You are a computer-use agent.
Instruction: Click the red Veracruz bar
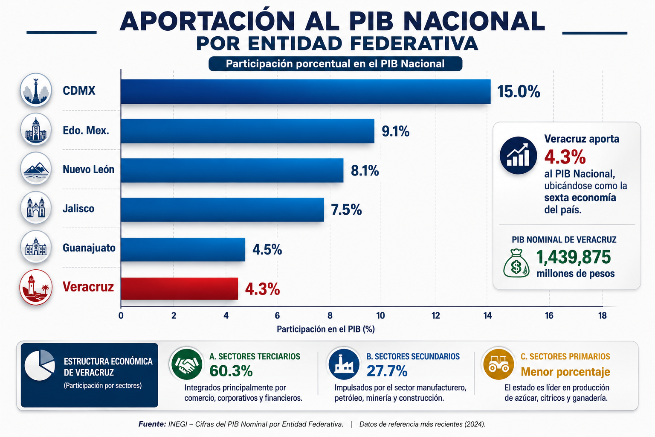pos(179,288)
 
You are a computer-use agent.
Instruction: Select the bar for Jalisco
pos(222,210)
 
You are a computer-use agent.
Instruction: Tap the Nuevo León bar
pos(232,170)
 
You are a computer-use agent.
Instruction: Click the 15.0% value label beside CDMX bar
pos(519,92)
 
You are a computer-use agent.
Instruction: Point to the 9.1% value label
pos(395,131)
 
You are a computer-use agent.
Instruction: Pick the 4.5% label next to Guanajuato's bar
pos(267,249)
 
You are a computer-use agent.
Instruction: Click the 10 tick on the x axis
pos(380,315)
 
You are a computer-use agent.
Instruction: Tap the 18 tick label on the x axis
pos(603,315)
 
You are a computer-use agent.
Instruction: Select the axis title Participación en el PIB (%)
pos(326,329)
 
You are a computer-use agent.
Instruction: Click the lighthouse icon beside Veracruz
pos(36,287)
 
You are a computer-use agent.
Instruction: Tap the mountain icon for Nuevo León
pos(36,169)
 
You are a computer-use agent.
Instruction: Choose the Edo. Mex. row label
pos(86,130)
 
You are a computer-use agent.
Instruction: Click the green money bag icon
pos(516,263)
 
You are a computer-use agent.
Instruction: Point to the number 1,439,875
pos(574,257)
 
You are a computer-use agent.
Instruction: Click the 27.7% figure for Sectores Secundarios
pos(387,371)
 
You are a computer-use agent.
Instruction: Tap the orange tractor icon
pos(498,364)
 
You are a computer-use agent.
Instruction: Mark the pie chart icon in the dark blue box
pos(40,365)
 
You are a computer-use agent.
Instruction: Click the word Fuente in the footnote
pos(152,424)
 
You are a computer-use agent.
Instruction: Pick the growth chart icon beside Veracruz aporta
pos(518,155)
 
